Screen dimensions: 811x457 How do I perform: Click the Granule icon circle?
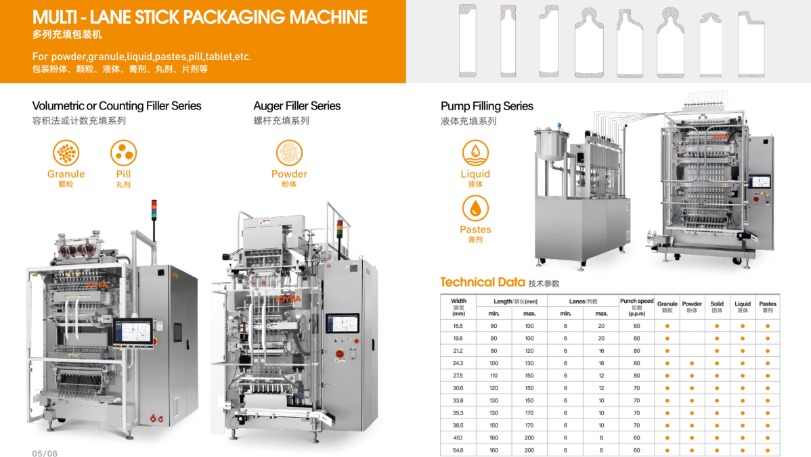click(66, 153)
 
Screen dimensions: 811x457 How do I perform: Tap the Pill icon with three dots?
click(124, 153)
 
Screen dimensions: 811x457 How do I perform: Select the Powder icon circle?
click(289, 153)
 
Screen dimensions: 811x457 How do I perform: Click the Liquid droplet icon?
click(475, 153)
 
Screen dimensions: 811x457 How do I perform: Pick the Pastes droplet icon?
click(475, 208)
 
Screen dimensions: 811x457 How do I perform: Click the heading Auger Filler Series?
click(297, 106)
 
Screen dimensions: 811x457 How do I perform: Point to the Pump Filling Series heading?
click(487, 106)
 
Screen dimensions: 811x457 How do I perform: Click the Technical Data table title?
click(483, 282)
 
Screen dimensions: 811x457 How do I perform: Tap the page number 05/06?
click(45, 454)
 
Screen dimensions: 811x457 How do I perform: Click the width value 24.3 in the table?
click(458, 363)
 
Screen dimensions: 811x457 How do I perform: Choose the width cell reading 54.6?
click(458, 450)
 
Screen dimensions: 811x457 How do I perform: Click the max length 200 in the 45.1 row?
click(529, 438)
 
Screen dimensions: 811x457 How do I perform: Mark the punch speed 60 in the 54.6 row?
click(637, 450)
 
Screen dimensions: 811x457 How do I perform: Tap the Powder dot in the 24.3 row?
click(692, 364)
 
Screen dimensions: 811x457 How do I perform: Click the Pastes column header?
click(768, 307)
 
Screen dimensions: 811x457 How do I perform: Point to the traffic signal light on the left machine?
click(154, 210)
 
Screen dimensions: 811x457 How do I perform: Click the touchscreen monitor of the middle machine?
click(343, 324)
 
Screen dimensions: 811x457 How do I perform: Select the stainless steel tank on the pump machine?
click(552, 143)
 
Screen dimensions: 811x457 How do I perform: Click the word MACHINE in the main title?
click(328, 18)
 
